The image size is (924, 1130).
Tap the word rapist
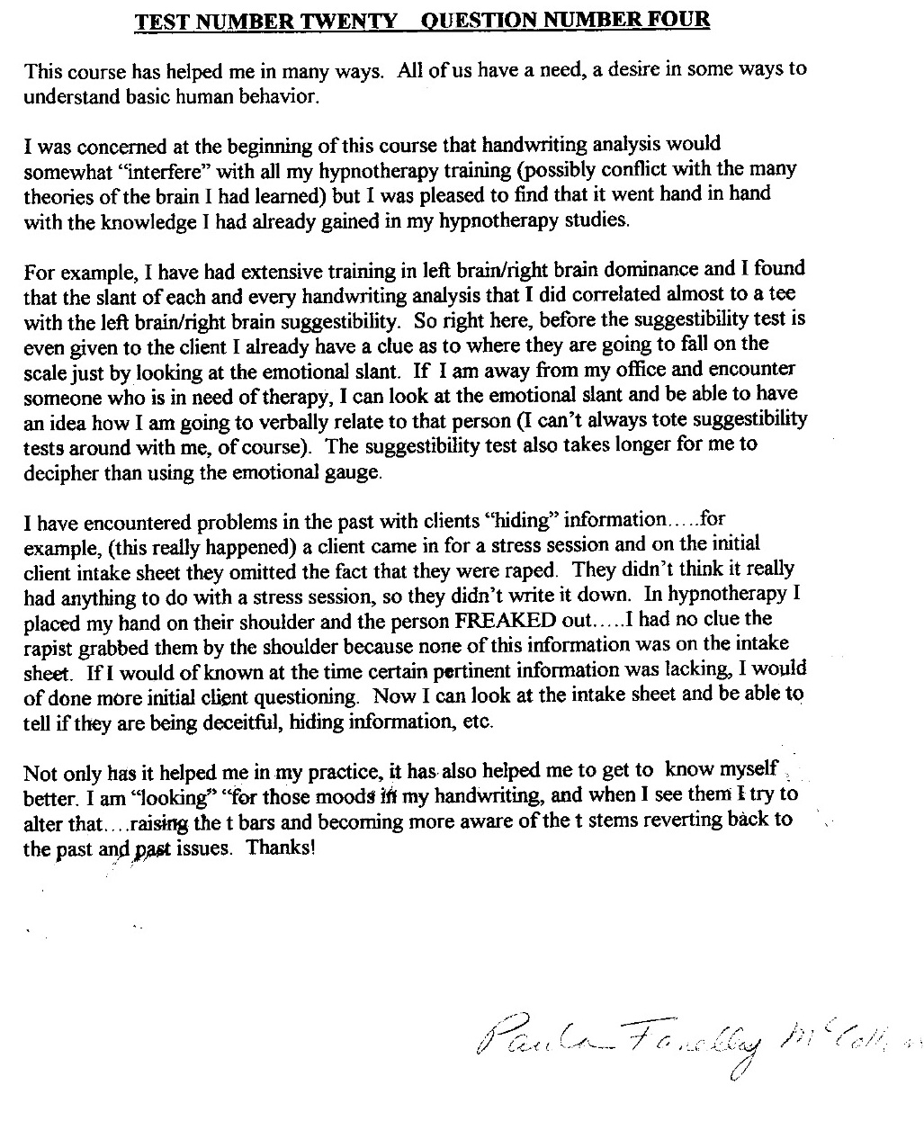(50, 646)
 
